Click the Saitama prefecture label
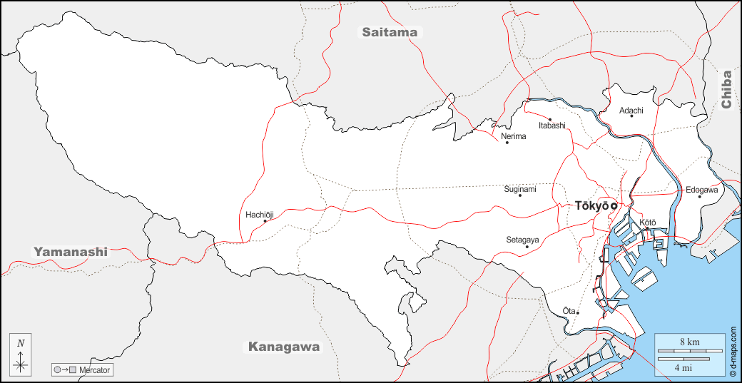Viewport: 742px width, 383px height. click(x=389, y=32)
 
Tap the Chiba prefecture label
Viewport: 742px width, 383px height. click(x=726, y=89)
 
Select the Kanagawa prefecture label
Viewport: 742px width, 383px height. click(x=284, y=347)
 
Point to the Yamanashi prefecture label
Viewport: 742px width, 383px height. click(x=71, y=251)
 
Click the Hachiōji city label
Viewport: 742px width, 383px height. click(x=260, y=213)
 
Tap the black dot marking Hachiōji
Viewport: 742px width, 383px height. click(x=265, y=220)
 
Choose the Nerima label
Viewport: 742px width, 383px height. click(x=514, y=136)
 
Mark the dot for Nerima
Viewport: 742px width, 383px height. click(x=507, y=143)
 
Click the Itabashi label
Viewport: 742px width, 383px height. click(x=552, y=126)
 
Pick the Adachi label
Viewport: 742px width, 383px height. click(x=631, y=110)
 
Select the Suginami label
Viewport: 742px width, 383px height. click(x=520, y=189)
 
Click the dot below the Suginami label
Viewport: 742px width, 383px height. click(x=520, y=195)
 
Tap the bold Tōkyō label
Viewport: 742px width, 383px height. click(x=591, y=205)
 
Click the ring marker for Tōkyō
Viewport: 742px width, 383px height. click(x=614, y=206)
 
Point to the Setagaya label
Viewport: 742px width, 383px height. click(x=522, y=240)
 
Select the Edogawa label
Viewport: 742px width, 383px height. click(x=703, y=190)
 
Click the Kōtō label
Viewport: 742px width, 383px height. click(x=647, y=223)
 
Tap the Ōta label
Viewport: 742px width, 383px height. click(x=568, y=310)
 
